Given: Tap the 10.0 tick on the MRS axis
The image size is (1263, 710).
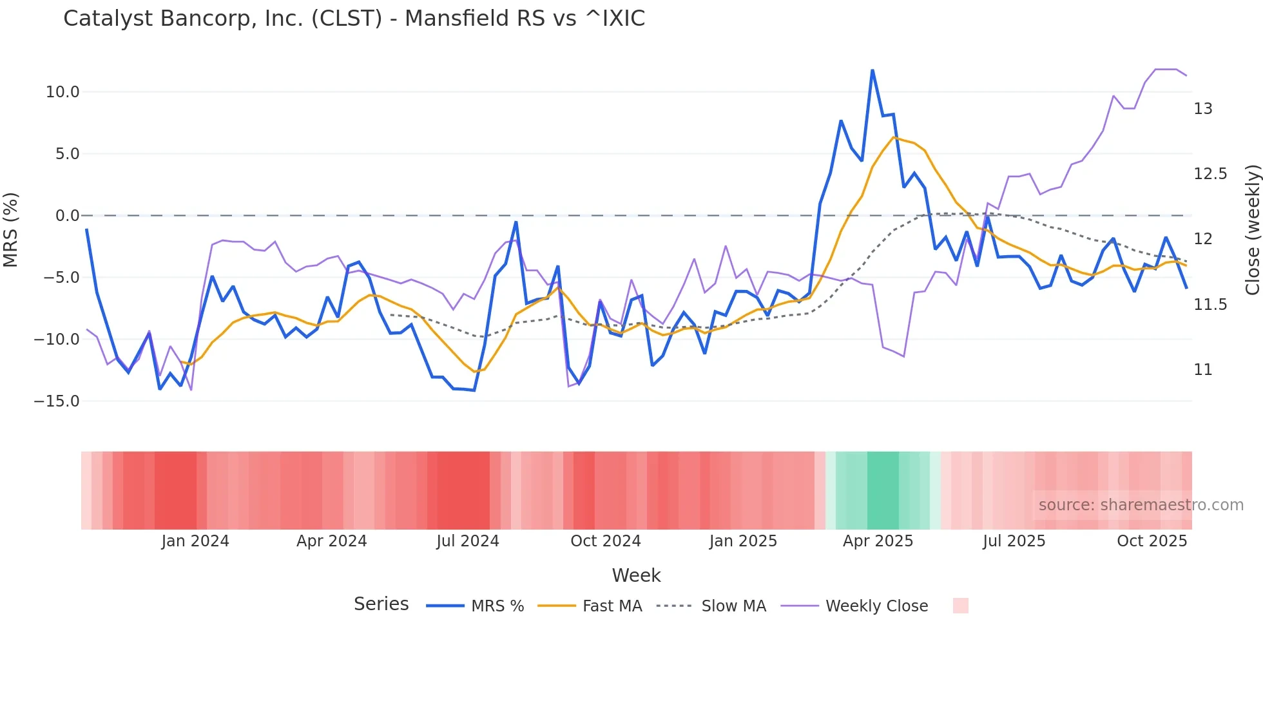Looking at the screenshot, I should tap(63, 92).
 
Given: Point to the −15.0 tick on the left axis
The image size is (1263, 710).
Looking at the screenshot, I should tap(57, 401).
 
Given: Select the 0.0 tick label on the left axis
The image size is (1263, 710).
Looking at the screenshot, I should tap(67, 216).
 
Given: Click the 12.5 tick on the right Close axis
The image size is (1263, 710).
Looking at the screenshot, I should tap(1210, 174).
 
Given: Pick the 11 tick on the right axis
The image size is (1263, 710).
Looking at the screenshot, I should tap(1202, 370).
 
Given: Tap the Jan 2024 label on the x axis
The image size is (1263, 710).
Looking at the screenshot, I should tap(195, 541).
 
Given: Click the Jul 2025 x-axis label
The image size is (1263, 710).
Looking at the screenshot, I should tap(1014, 541).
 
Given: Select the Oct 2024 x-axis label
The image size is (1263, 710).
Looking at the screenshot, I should tap(606, 541).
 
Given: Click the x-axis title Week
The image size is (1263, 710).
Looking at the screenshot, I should tap(636, 575).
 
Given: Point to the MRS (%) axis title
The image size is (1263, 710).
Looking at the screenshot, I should tap(11, 230).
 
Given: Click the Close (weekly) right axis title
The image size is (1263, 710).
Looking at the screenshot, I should tap(1252, 230).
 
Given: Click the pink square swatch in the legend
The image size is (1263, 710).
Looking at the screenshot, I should tap(960, 606).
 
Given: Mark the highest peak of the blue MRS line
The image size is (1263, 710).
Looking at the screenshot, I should tap(873, 70).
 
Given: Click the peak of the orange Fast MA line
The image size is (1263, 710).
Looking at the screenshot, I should tap(894, 137).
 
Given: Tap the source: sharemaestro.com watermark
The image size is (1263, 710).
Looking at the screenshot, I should tap(1141, 505).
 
